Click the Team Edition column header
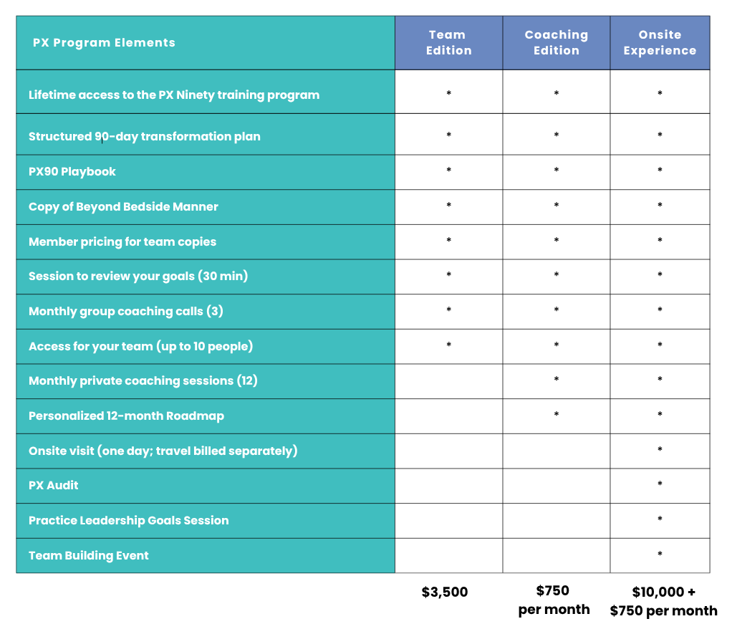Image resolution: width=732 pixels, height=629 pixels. coord(448,42)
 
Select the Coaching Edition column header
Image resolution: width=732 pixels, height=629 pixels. coord(556,42)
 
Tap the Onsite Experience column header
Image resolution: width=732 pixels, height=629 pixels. coord(660,42)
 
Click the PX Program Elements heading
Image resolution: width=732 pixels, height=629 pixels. coord(104,42)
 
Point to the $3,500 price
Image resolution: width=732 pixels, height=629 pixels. coord(444,592)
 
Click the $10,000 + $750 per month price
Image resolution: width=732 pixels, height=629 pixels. coord(663,601)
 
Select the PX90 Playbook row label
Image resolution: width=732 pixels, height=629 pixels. coord(72,171)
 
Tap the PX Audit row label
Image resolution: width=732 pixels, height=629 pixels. coord(53,485)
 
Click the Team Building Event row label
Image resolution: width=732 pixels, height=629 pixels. coord(89,555)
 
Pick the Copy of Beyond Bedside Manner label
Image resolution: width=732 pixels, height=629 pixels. coord(123,206)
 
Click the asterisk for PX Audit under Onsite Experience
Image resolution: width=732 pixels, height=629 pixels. coord(660,484)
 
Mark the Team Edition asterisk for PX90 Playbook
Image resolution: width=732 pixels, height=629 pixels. coord(448,170)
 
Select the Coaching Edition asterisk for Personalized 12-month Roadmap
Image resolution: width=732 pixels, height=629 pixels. coord(556,414)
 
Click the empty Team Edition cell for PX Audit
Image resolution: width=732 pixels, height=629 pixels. coord(448,486)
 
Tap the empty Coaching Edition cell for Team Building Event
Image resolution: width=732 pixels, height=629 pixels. coord(556,556)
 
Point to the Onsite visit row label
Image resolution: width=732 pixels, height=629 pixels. coord(163,451)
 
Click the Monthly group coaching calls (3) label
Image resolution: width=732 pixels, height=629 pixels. coord(125,311)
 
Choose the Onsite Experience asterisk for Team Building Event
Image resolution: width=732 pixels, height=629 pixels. coord(660,554)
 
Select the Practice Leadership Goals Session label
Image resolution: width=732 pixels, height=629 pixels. coord(128,520)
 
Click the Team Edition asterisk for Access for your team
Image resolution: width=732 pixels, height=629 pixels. coord(448,345)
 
